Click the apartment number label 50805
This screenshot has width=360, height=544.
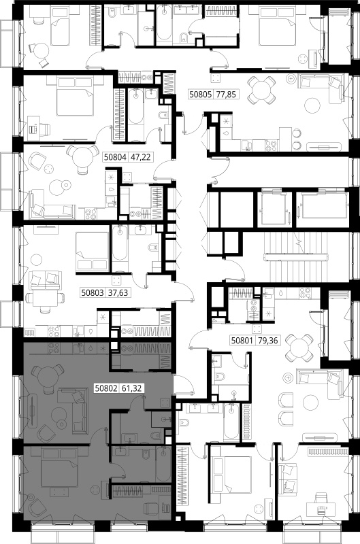[x=201, y=94]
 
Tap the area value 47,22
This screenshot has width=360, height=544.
[x=140, y=157]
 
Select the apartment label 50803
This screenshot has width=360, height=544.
[x=93, y=292]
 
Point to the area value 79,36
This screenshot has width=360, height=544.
[x=268, y=341]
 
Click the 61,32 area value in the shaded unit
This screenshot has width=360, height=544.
[x=131, y=388]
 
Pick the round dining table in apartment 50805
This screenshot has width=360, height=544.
[x=263, y=90]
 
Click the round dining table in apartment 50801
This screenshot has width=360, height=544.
[x=298, y=347]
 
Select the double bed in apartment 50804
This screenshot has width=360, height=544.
[x=76, y=97]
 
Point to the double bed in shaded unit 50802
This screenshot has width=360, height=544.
[x=60, y=468]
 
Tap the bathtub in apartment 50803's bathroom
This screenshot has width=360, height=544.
[x=120, y=248]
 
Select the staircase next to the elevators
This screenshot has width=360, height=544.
[x=296, y=257]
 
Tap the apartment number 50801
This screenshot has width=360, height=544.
[x=244, y=341]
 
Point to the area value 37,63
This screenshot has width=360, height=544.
[x=118, y=292]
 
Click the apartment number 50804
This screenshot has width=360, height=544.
[x=116, y=157]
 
